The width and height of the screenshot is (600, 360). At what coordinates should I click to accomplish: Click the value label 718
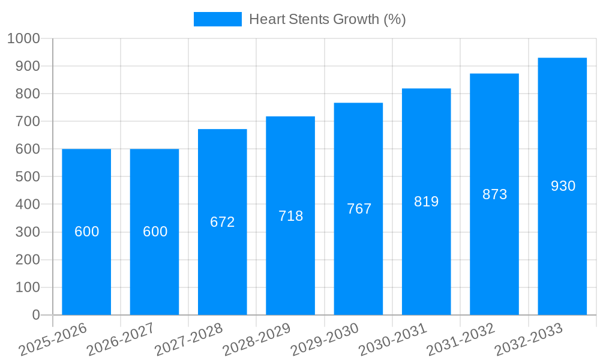click(x=290, y=216)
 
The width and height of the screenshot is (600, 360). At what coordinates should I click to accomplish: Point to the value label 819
click(x=427, y=202)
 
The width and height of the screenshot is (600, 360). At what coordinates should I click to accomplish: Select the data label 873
click(x=494, y=194)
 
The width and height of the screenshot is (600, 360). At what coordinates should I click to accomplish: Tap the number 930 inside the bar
click(x=563, y=186)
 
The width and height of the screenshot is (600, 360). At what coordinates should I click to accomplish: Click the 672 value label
click(x=223, y=222)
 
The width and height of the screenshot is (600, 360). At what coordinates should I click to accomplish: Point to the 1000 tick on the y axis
click(x=23, y=39)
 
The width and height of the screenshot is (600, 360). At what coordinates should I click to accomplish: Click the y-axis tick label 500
click(x=28, y=177)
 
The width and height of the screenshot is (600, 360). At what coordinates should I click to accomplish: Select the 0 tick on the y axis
click(x=36, y=315)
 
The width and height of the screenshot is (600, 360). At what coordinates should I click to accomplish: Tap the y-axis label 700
click(x=28, y=122)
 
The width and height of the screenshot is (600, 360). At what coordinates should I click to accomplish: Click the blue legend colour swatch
click(x=217, y=19)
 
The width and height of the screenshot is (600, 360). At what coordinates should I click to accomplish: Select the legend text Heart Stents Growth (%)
click(x=327, y=19)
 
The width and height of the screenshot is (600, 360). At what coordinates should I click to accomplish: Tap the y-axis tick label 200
click(x=28, y=260)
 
